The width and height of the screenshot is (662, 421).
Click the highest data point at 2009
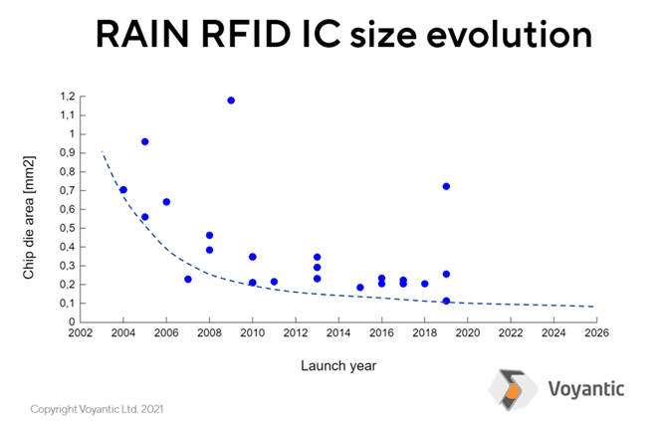(231, 101)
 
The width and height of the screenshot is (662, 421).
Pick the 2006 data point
(166, 202)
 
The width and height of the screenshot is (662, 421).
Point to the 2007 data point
(188, 279)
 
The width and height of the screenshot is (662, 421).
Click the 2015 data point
(360, 288)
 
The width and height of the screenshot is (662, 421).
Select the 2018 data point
(425, 284)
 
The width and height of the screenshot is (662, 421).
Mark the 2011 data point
(274, 282)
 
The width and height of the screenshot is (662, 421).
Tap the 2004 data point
(123, 190)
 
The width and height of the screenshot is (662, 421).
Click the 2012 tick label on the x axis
(296, 333)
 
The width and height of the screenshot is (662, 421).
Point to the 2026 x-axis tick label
(596, 333)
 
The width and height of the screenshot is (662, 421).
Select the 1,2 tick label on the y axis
(68, 97)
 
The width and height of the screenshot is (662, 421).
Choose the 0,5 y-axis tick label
(68, 228)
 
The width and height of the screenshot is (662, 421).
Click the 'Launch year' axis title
(338, 365)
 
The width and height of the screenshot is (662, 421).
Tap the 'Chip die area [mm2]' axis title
(28, 218)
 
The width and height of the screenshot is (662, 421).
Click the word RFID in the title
(246, 34)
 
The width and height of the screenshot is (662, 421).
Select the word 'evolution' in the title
(509, 34)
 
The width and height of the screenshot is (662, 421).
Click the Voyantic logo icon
(513, 390)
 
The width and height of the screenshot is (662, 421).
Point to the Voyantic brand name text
(586, 388)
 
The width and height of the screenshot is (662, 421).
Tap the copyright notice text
(97, 409)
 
